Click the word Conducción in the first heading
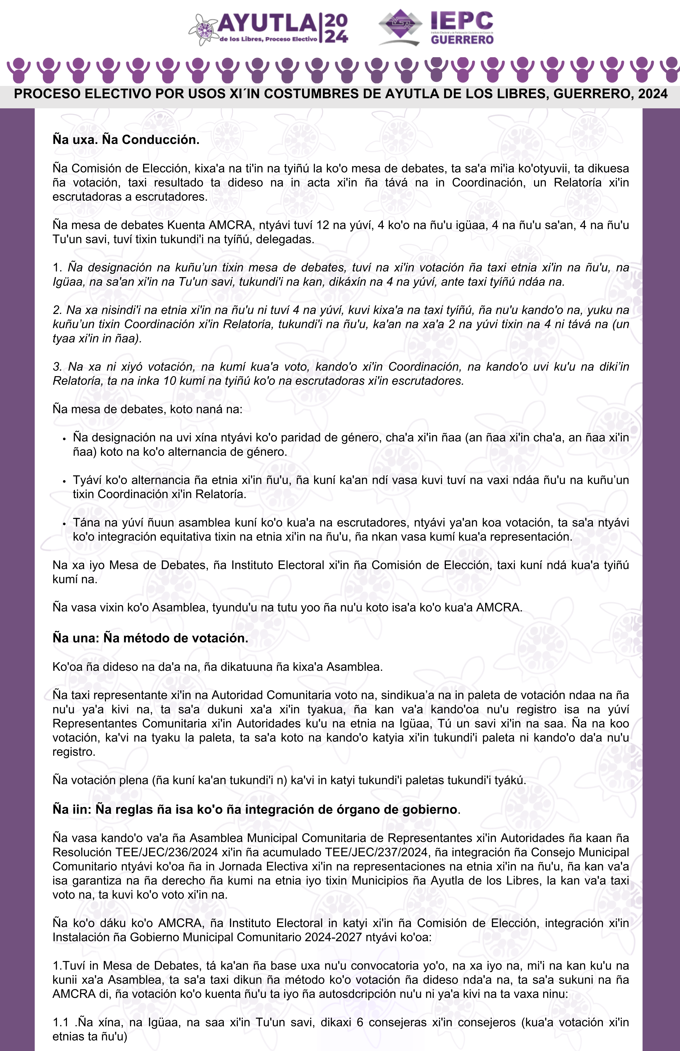coord(160,140)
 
